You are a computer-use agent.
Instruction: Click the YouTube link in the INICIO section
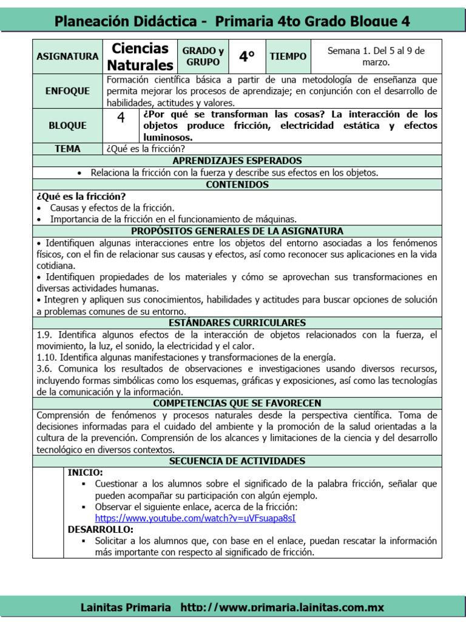tap(195, 518)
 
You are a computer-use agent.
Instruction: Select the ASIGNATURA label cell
tap(67, 56)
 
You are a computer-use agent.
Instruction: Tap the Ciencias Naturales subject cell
tap(140, 56)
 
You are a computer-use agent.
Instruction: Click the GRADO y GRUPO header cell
tap(203, 56)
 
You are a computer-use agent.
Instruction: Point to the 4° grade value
tap(247, 56)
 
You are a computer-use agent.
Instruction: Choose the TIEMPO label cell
tap(288, 56)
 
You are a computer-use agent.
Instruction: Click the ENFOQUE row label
tap(67, 91)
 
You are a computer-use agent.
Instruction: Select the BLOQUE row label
tap(67, 126)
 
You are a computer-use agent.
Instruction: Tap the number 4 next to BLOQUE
tap(121, 118)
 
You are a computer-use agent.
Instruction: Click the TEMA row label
tap(67, 149)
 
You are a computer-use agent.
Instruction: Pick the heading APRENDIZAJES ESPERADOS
tap(237, 161)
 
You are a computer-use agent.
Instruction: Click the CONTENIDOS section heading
tap(237, 184)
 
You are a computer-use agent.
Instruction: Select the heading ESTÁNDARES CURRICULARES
tap(237, 323)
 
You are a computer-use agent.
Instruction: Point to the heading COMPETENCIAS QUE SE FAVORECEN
tap(237, 403)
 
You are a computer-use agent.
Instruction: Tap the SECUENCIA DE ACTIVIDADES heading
tap(237, 461)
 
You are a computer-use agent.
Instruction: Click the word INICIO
tap(85, 473)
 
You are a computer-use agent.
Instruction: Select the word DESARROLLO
tap(100, 530)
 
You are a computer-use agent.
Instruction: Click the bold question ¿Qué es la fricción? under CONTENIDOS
tap(81, 196)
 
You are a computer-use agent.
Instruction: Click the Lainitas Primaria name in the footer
tap(126, 607)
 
